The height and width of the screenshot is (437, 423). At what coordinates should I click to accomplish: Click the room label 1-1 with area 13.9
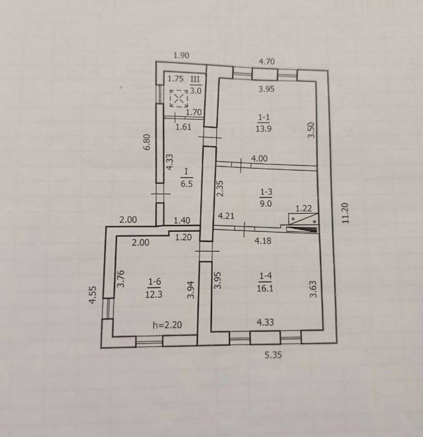pyautogui.click(x=264, y=123)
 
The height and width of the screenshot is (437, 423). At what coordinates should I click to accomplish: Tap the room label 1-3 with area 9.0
pyautogui.click(x=266, y=198)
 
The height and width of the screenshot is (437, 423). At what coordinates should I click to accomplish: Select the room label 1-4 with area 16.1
pyautogui.click(x=265, y=282)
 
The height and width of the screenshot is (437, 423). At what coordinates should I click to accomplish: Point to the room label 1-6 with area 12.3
pyautogui.click(x=154, y=288)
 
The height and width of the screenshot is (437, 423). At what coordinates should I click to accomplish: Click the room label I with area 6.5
pyautogui.click(x=187, y=177)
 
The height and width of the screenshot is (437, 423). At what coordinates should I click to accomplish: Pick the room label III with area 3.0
pyautogui.click(x=196, y=85)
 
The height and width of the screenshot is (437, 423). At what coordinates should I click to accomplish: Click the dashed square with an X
pyautogui.click(x=179, y=98)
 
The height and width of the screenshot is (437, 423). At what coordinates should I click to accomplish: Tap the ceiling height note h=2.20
pyautogui.click(x=167, y=325)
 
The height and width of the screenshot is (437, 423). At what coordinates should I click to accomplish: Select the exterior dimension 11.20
pyautogui.click(x=345, y=213)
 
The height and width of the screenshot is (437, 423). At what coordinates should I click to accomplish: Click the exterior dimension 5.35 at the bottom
pyautogui.click(x=273, y=355)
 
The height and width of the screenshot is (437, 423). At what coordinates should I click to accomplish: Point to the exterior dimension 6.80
pyautogui.click(x=146, y=142)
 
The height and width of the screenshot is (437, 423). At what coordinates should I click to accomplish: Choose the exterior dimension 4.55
pyautogui.click(x=92, y=295)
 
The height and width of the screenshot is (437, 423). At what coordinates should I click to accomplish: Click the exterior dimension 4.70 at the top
pyautogui.click(x=267, y=62)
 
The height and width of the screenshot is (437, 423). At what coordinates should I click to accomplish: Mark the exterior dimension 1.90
pyautogui.click(x=181, y=55)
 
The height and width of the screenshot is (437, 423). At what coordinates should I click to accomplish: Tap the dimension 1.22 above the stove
pyautogui.click(x=303, y=208)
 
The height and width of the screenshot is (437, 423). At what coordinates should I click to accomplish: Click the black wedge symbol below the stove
pyautogui.click(x=302, y=229)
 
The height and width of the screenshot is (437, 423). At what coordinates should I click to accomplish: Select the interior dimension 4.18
pyautogui.click(x=263, y=241)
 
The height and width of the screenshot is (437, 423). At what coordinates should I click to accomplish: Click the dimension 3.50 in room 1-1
pyautogui.click(x=311, y=130)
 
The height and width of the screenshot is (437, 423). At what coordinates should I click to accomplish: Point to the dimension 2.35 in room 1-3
pyautogui.click(x=220, y=189)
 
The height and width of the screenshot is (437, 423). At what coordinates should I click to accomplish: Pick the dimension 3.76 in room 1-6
pyautogui.click(x=121, y=279)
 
